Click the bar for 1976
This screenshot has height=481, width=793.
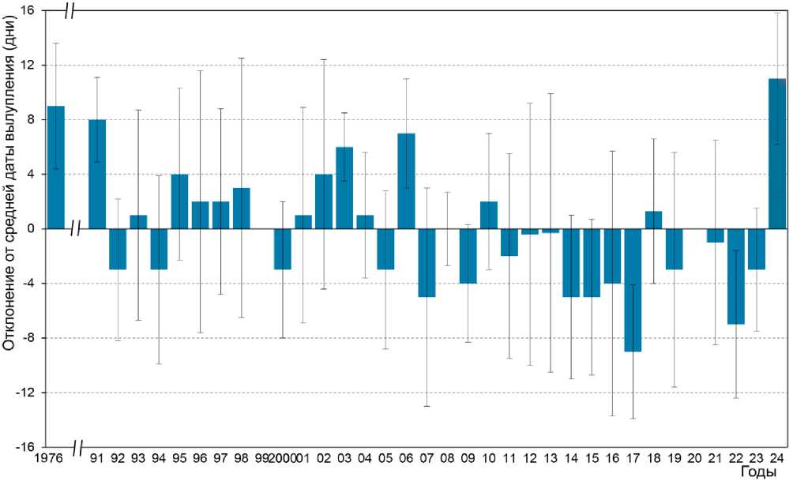(x=56, y=167)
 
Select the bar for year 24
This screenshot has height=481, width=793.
(x=777, y=153)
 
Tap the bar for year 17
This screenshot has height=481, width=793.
(x=633, y=290)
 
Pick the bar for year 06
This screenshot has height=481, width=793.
(x=406, y=181)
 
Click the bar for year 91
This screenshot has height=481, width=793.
(x=97, y=174)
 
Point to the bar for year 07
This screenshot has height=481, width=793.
(x=427, y=262)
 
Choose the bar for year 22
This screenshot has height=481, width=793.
(x=736, y=276)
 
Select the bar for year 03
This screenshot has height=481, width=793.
(x=344, y=187)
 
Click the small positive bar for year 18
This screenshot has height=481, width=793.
(x=653, y=220)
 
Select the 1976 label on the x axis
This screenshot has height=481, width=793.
(x=51, y=459)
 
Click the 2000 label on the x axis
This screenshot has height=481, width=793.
(x=282, y=459)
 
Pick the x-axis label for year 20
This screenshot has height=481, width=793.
(x=695, y=459)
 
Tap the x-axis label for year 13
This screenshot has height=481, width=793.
(x=551, y=459)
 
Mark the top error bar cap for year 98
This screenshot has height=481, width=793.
(x=242, y=58)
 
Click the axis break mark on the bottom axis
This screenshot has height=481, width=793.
(x=77, y=448)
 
